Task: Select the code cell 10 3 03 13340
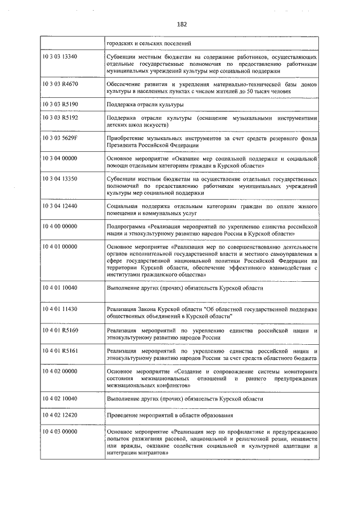coord(60,57)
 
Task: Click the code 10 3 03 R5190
coord(60,105)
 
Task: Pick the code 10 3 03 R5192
coord(60,119)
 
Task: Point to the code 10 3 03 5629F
coord(60,138)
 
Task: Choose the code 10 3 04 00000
coord(60,159)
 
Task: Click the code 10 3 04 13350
coord(60,179)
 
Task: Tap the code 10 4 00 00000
coord(60,226)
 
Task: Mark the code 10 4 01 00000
coord(60,246)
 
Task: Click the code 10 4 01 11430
coord(60,309)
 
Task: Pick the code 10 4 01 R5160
coord(60,330)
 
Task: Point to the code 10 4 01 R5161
coord(60,350)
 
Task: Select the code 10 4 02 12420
coord(60,415)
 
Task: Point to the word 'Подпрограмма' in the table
coord(125,226)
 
